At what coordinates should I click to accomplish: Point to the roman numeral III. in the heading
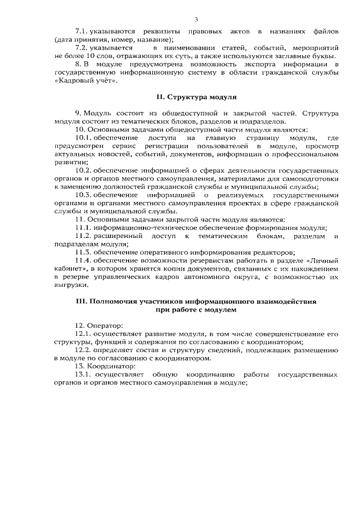[81, 301]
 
